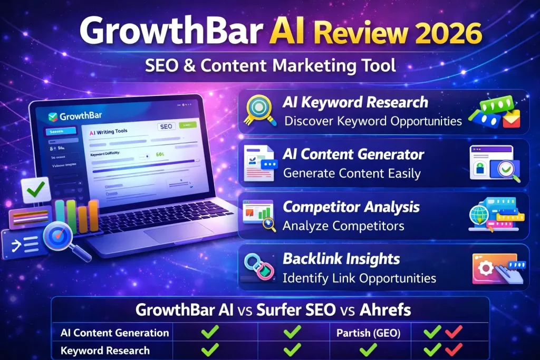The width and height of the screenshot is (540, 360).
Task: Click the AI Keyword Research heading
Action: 355,102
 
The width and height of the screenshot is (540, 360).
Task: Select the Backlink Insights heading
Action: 341,258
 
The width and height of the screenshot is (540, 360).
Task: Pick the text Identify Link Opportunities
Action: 359,277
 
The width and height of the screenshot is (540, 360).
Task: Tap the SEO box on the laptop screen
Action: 166,127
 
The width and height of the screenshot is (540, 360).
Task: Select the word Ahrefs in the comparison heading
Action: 385,309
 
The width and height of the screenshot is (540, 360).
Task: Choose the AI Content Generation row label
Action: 114,333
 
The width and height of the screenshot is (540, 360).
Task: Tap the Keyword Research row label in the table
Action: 105,350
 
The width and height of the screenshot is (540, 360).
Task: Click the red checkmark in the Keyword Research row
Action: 454,349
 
